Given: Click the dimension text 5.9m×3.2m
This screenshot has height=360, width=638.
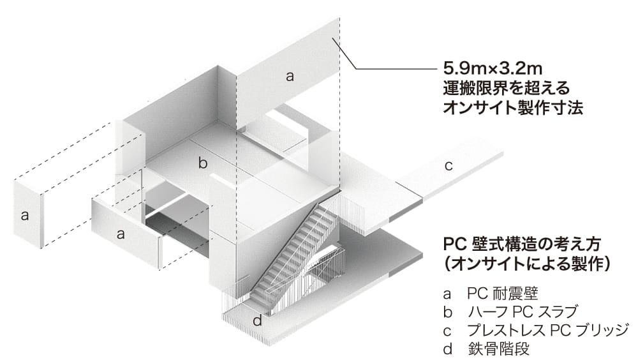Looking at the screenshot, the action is click(x=493, y=68).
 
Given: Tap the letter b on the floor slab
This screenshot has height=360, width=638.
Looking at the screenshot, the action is click(x=203, y=163).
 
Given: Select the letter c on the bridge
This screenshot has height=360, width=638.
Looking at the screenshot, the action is click(x=449, y=166).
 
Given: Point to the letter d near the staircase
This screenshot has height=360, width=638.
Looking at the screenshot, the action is click(x=257, y=320).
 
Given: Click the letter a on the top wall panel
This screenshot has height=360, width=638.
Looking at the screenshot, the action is click(x=290, y=76).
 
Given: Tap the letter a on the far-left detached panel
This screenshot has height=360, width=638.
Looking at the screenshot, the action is click(x=25, y=215).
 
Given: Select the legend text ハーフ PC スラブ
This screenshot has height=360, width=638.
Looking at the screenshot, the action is click(x=523, y=311).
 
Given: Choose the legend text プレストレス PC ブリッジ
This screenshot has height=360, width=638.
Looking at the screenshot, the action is click(x=548, y=330).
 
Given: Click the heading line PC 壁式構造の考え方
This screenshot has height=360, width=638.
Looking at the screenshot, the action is click(x=522, y=244).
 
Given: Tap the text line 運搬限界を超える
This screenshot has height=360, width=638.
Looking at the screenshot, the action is click(x=506, y=88).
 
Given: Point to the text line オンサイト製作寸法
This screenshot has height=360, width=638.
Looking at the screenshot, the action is click(x=513, y=107).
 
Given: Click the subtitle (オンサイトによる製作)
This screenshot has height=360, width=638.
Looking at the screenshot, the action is click(x=528, y=264).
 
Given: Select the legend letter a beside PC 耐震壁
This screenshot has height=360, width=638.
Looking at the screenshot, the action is click(x=448, y=294).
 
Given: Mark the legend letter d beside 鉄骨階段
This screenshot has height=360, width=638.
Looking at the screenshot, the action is click(x=448, y=348).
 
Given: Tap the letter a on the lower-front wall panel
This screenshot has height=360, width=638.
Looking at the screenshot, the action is click(x=121, y=234).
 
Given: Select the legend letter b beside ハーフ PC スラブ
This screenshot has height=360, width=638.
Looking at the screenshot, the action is click(x=448, y=311).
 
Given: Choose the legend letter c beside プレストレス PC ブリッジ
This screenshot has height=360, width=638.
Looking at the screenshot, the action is click(x=448, y=331).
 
